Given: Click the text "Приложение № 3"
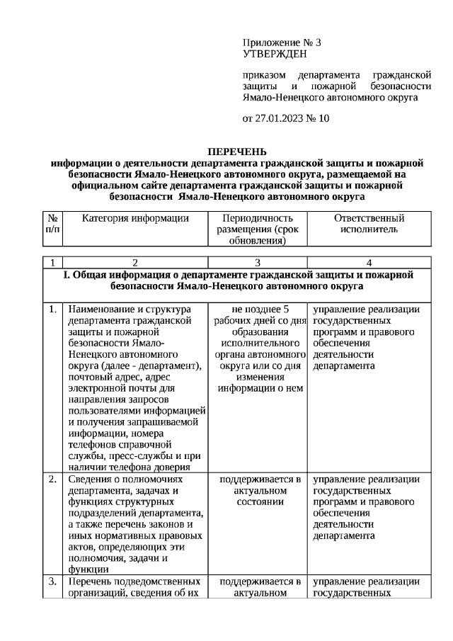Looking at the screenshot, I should [x=277, y=42].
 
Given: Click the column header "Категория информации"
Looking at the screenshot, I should [x=136, y=219].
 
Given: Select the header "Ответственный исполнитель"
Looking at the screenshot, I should [x=369, y=224].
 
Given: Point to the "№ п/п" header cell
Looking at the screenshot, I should [x=53, y=224].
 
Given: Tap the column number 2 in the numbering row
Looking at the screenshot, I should [x=135, y=263].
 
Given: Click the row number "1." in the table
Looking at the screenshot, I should [x=53, y=309].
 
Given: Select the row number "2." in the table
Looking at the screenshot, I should [x=53, y=480].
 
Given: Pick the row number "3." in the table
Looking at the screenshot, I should [x=53, y=582].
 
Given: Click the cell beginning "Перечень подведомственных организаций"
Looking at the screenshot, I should [x=135, y=587].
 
